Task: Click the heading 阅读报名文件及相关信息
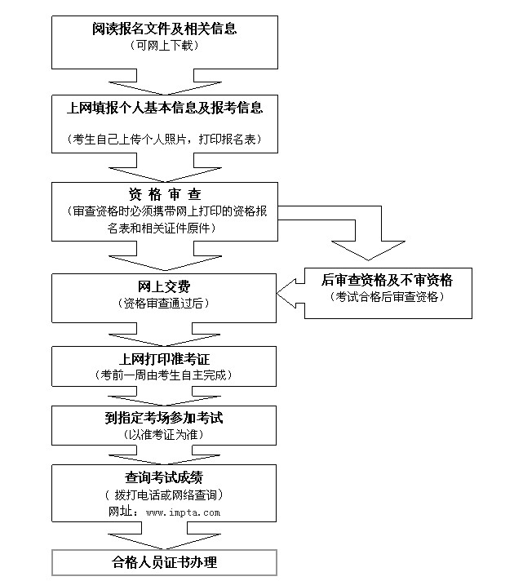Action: click(x=165, y=29)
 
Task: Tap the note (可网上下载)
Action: click(x=165, y=46)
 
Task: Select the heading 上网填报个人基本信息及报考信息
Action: click(x=165, y=107)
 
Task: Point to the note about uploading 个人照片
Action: click(x=165, y=140)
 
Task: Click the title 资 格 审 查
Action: click(x=165, y=194)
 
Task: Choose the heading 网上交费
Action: click(x=165, y=286)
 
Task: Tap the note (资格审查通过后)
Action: click(x=165, y=303)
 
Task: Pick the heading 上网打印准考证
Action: click(x=165, y=359)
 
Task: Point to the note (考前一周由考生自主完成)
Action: click(x=165, y=375)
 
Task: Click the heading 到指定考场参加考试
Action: click(x=165, y=418)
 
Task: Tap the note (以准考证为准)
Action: click(x=165, y=434)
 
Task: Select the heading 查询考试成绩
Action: click(x=165, y=478)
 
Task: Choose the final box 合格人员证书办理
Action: click(x=165, y=563)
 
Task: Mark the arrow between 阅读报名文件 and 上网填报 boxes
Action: click(x=165, y=83)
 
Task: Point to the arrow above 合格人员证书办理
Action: click(x=165, y=537)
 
